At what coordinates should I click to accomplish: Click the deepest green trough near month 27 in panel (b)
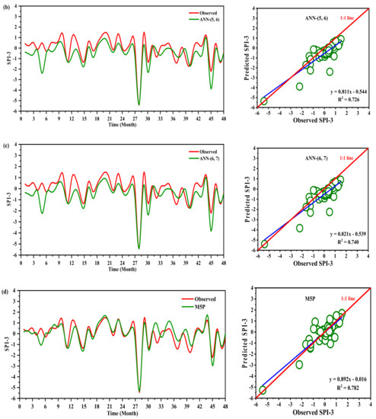point(138,104)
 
